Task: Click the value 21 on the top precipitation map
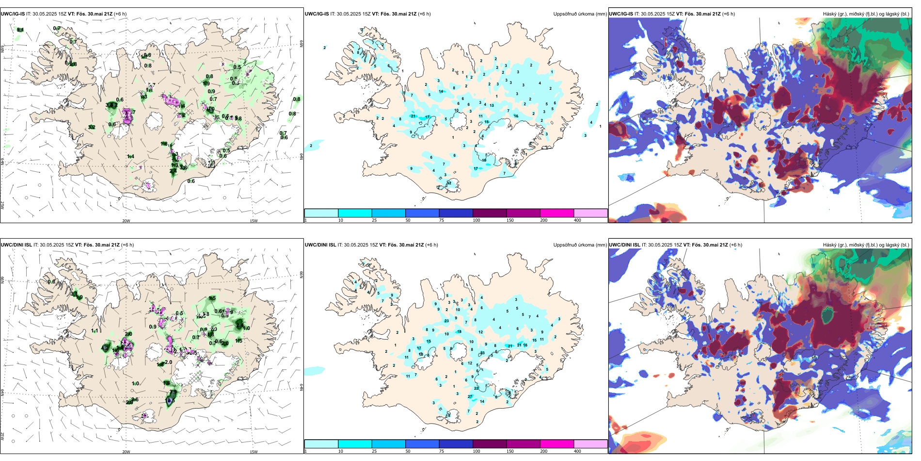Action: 413,116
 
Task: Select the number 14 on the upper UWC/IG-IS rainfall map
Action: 441,91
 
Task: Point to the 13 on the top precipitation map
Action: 492,105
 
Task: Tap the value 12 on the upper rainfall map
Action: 449,183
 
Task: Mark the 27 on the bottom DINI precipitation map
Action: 470,396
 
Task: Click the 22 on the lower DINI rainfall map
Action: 476,388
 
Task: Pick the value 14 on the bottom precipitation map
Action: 482,401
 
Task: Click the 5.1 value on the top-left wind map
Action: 20,30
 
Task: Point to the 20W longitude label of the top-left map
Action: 126,221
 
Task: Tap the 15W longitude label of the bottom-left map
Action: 254,452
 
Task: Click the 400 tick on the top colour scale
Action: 577,220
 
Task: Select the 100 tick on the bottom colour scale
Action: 476,451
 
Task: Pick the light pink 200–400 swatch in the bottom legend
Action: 590,444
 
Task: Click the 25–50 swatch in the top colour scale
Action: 388,213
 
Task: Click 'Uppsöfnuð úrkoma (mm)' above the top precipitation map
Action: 580,14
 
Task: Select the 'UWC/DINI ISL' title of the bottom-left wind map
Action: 16,245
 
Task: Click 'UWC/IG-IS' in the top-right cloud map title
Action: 621,14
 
